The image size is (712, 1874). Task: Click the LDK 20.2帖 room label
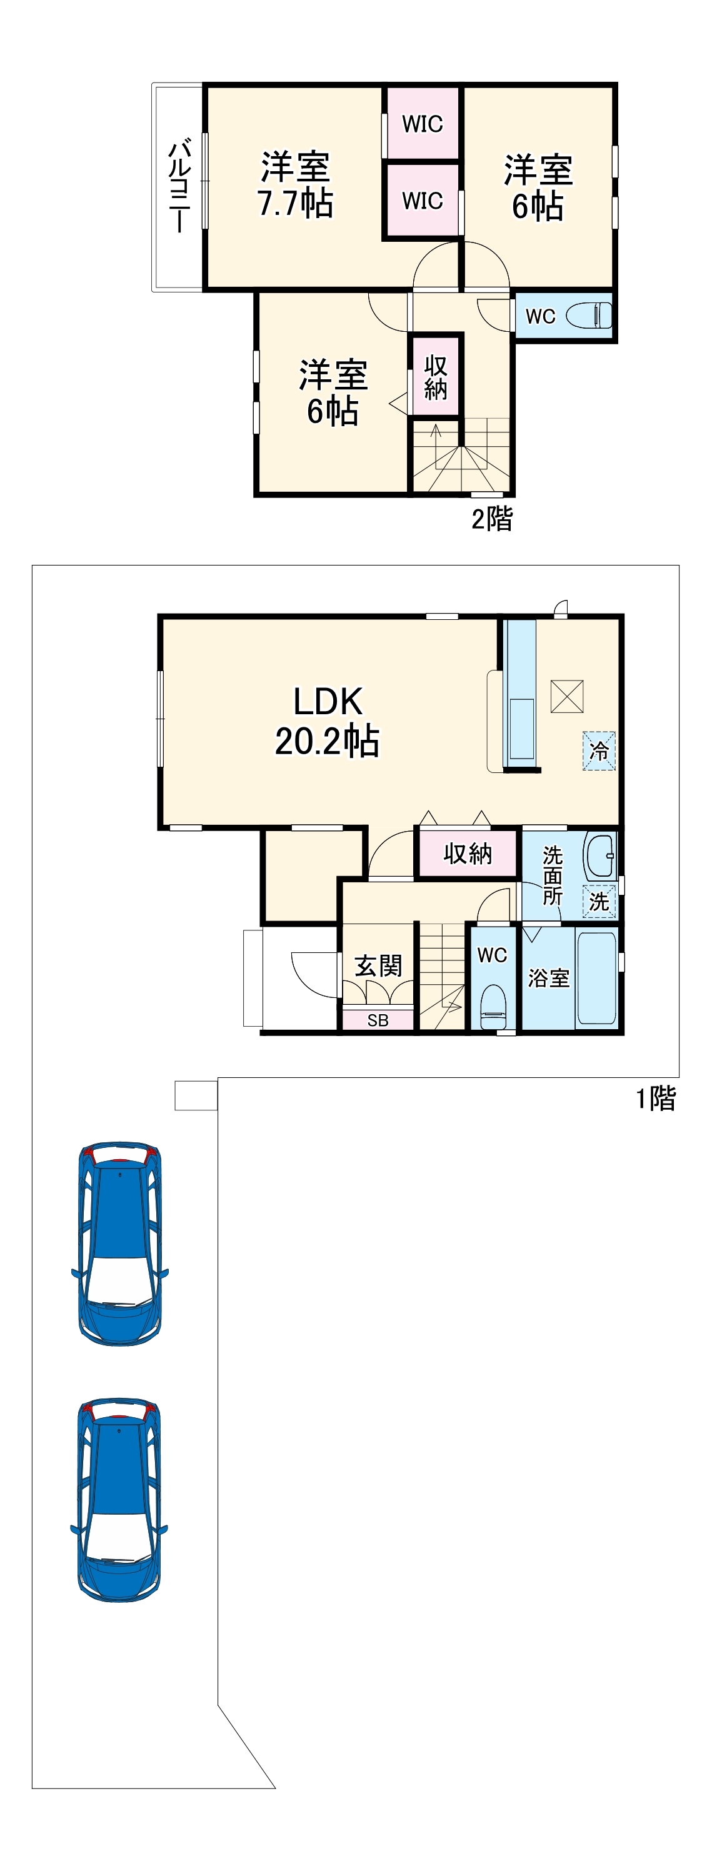pyautogui.click(x=327, y=722)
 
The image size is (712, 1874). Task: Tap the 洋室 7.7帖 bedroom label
pyautogui.click(x=295, y=186)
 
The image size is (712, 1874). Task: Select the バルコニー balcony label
pyautogui.click(x=179, y=187)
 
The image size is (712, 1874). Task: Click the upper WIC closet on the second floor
pyautogui.click(x=422, y=124)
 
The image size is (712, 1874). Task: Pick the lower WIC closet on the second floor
pyautogui.click(x=422, y=200)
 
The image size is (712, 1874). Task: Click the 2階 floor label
pyautogui.click(x=492, y=519)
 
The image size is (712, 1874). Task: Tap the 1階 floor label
pyautogui.click(x=656, y=1099)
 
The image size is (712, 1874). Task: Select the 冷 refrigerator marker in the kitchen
pyautogui.click(x=599, y=750)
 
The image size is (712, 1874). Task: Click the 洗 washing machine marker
pyautogui.click(x=599, y=901)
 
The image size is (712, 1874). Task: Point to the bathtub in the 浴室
pyautogui.click(x=597, y=978)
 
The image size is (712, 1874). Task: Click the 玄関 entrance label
pyautogui.click(x=378, y=966)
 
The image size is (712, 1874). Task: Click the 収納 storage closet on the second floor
pyautogui.click(x=435, y=377)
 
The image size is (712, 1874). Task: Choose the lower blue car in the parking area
pyautogui.click(x=119, y=1498)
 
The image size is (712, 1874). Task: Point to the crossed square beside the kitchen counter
pyautogui.click(x=566, y=696)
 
